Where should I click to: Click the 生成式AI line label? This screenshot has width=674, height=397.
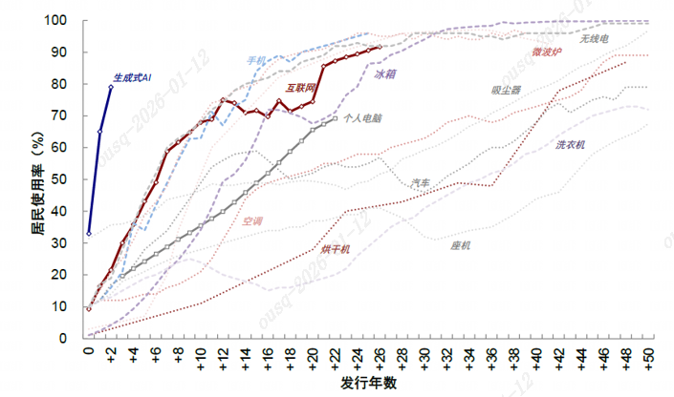point(133,75)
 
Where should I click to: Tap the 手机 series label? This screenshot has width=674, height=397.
point(256,60)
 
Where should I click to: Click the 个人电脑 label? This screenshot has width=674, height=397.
point(362,118)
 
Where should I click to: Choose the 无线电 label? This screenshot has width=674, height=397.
point(594,39)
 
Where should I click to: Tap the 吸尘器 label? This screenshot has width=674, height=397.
point(506,91)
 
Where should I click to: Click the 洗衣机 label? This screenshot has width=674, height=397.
point(571,145)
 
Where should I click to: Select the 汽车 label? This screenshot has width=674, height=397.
point(421,181)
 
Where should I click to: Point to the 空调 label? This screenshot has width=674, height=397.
point(252,220)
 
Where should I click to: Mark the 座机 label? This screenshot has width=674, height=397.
point(461,245)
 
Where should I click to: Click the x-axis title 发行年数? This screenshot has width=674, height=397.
point(369,384)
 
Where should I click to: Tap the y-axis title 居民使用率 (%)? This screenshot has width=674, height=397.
point(38,179)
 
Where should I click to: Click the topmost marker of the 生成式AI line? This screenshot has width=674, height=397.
point(111,87)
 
